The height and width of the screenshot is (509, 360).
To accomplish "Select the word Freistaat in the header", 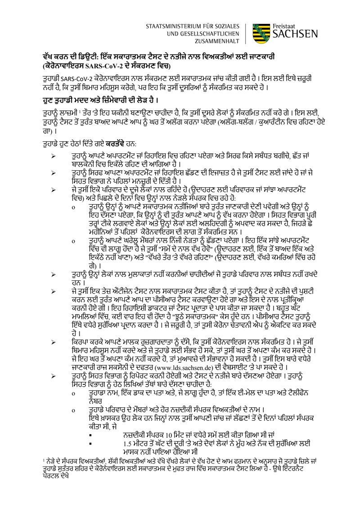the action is (285, 26).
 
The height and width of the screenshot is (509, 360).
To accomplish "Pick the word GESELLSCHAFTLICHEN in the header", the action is (205, 34).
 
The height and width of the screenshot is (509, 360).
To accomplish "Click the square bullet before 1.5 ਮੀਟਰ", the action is (92, 443).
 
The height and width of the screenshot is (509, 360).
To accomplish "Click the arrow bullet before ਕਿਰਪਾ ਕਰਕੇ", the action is (54, 342).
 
